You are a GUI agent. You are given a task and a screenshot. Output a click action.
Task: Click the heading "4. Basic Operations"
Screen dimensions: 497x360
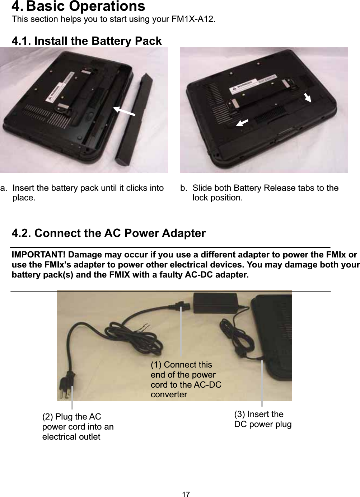[x=78, y=6]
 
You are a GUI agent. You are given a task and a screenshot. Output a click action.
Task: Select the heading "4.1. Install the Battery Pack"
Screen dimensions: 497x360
[x=87, y=41]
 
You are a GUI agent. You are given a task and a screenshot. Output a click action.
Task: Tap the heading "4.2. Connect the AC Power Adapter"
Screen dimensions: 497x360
[x=108, y=233]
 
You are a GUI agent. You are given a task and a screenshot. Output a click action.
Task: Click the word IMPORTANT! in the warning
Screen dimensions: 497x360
[x=38, y=255]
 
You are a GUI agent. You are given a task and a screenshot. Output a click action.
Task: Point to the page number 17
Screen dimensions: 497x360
[x=186, y=494]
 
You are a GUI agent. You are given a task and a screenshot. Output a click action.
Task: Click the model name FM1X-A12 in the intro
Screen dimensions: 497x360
[x=192, y=19]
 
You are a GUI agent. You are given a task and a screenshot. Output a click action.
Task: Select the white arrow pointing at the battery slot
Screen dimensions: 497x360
[x=124, y=111]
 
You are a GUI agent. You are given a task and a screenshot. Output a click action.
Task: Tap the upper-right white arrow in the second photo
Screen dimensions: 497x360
[x=307, y=98]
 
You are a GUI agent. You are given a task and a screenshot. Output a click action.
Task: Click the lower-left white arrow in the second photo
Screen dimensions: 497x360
[x=242, y=123]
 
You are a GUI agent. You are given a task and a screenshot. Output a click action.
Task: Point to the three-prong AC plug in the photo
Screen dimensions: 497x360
[x=67, y=387]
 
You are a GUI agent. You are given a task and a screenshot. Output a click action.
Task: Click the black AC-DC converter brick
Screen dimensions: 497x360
[x=215, y=303]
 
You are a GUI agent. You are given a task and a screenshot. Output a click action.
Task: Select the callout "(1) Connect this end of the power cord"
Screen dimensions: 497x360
[x=186, y=379]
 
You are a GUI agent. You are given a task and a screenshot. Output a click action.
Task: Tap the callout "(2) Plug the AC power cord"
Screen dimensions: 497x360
[x=78, y=427]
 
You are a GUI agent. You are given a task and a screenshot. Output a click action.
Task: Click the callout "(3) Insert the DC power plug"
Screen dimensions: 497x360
[x=262, y=419]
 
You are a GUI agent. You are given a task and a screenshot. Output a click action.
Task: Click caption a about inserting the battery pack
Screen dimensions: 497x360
[x=88, y=193]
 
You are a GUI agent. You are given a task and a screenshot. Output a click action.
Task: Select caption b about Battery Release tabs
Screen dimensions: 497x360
[x=265, y=193]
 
